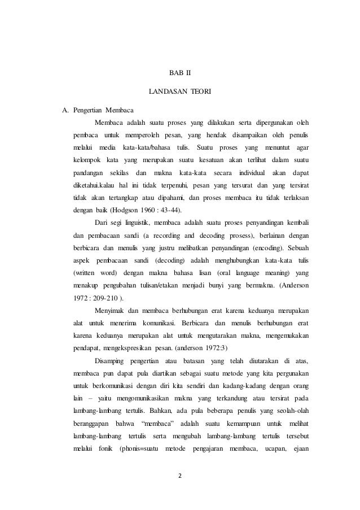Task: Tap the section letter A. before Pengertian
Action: (x=65, y=109)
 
